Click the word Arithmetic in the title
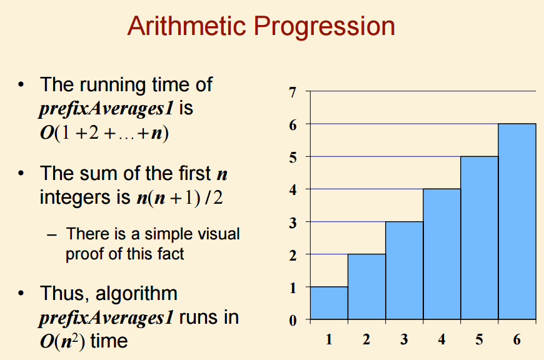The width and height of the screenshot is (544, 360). point(187,26)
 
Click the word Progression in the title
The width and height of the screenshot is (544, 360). point(325,27)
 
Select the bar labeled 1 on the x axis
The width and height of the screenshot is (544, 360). point(329,302)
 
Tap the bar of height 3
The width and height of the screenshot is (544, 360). point(404,270)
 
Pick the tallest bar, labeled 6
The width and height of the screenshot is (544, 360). point(517,221)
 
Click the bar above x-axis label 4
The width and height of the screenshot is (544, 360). point(441,254)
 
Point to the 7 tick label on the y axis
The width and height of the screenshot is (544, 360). point(293,92)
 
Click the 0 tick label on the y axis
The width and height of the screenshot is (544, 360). point(293,320)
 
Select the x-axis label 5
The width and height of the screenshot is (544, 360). point(479,339)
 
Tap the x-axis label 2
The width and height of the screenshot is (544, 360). point(366,339)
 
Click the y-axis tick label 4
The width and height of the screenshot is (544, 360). point(293,190)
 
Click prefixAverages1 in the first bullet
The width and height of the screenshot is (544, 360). point(106,109)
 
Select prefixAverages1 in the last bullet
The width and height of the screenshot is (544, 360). point(106,318)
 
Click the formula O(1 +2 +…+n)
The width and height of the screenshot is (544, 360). point(104,133)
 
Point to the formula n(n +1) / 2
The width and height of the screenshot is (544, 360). point(179,198)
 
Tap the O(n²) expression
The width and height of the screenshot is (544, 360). point(63,341)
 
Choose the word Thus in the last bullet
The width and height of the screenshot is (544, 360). point(64,294)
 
